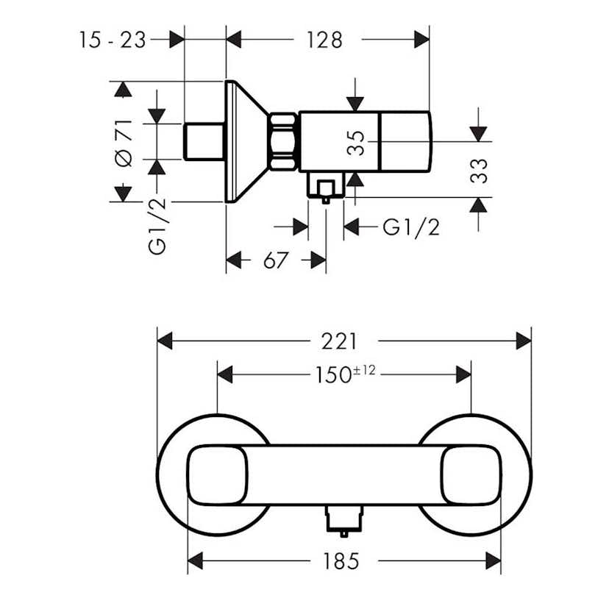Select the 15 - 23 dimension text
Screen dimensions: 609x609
(x=113, y=40)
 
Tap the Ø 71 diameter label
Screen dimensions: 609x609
(x=124, y=141)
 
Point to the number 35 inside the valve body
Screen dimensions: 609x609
(x=357, y=143)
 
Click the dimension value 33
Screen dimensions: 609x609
(x=479, y=171)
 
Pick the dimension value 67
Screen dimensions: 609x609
(x=275, y=260)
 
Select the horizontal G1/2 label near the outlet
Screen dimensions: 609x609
(x=411, y=227)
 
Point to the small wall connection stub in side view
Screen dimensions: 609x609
(x=204, y=141)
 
